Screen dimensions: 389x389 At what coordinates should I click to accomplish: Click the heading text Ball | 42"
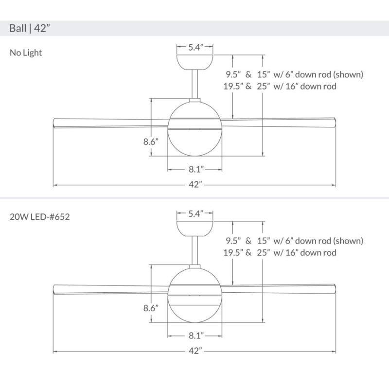(x=30, y=28)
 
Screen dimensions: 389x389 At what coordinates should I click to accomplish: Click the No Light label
(x=26, y=53)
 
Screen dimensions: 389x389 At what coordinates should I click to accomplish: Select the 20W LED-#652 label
(x=39, y=217)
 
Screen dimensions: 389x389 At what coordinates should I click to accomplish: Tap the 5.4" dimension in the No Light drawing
(x=194, y=48)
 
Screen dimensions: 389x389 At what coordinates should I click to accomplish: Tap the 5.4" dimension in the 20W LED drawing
(x=194, y=213)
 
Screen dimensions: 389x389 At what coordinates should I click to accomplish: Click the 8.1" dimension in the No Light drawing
(x=195, y=169)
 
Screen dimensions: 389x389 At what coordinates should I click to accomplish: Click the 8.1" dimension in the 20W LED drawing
(x=195, y=336)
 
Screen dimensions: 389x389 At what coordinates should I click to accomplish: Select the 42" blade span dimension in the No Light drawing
(x=194, y=185)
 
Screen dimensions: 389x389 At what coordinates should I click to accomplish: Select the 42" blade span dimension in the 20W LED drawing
(x=194, y=351)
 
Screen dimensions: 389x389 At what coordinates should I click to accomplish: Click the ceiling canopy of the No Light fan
(x=194, y=61)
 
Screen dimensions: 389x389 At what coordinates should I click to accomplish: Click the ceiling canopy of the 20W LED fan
(x=194, y=227)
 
